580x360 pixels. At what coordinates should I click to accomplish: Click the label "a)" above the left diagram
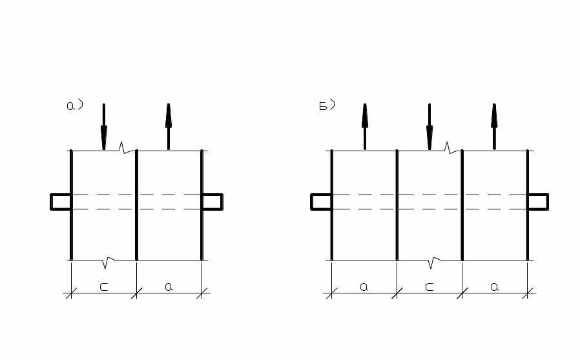(74, 106)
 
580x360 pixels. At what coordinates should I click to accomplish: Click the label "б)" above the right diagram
(327, 106)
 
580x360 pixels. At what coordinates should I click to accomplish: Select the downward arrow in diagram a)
(103, 127)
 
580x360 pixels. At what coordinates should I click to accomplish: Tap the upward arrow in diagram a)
(169, 126)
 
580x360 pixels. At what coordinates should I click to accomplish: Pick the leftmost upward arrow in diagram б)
(365, 126)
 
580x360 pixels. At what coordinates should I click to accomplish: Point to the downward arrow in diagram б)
(430, 127)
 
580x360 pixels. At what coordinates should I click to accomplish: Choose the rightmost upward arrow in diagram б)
(494, 126)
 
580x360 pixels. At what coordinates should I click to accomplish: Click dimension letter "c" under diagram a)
(103, 287)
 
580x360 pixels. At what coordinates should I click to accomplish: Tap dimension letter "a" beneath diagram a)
(169, 287)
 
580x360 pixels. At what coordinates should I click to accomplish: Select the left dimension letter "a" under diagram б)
(364, 287)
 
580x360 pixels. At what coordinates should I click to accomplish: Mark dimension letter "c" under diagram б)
(430, 287)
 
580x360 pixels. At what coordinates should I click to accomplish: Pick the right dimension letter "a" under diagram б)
(494, 287)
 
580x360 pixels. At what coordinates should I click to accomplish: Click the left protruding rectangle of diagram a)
(61, 202)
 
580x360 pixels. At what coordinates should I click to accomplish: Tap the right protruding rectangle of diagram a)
(212, 202)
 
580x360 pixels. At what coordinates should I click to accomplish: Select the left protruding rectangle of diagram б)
(321, 202)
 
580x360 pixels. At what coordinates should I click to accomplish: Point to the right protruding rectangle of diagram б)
(538, 202)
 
